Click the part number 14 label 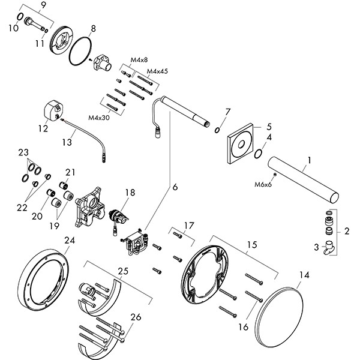(305, 276)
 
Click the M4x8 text (139, 59)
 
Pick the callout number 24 (70, 241)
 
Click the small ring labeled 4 (259, 153)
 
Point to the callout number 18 (130, 193)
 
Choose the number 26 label (136, 317)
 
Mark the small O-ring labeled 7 (217, 130)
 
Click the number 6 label (176, 187)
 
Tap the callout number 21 (70, 172)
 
